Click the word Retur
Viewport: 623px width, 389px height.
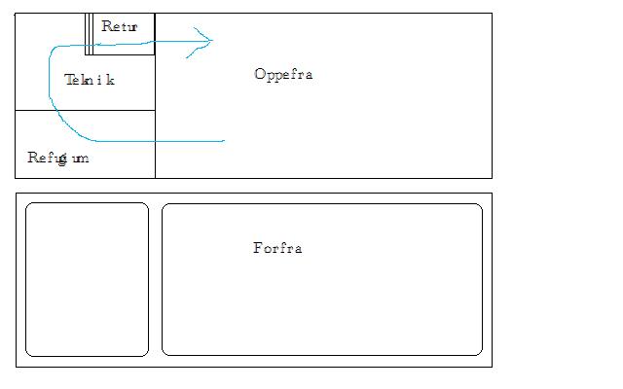point(120,26)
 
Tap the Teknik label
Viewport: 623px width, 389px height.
point(90,80)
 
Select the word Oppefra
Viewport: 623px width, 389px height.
point(282,74)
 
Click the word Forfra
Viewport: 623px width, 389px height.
point(277,248)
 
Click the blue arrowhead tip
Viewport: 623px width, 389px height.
point(212,40)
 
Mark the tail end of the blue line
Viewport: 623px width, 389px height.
point(224,141)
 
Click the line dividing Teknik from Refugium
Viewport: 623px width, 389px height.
point(85,110)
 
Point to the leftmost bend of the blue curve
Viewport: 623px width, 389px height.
point(48,88)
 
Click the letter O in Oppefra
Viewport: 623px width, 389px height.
point(259,74)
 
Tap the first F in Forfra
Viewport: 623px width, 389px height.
point(257,248)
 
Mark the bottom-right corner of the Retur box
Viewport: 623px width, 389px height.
point(155,54)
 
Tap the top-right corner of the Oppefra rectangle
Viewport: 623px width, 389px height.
point(492,14)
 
